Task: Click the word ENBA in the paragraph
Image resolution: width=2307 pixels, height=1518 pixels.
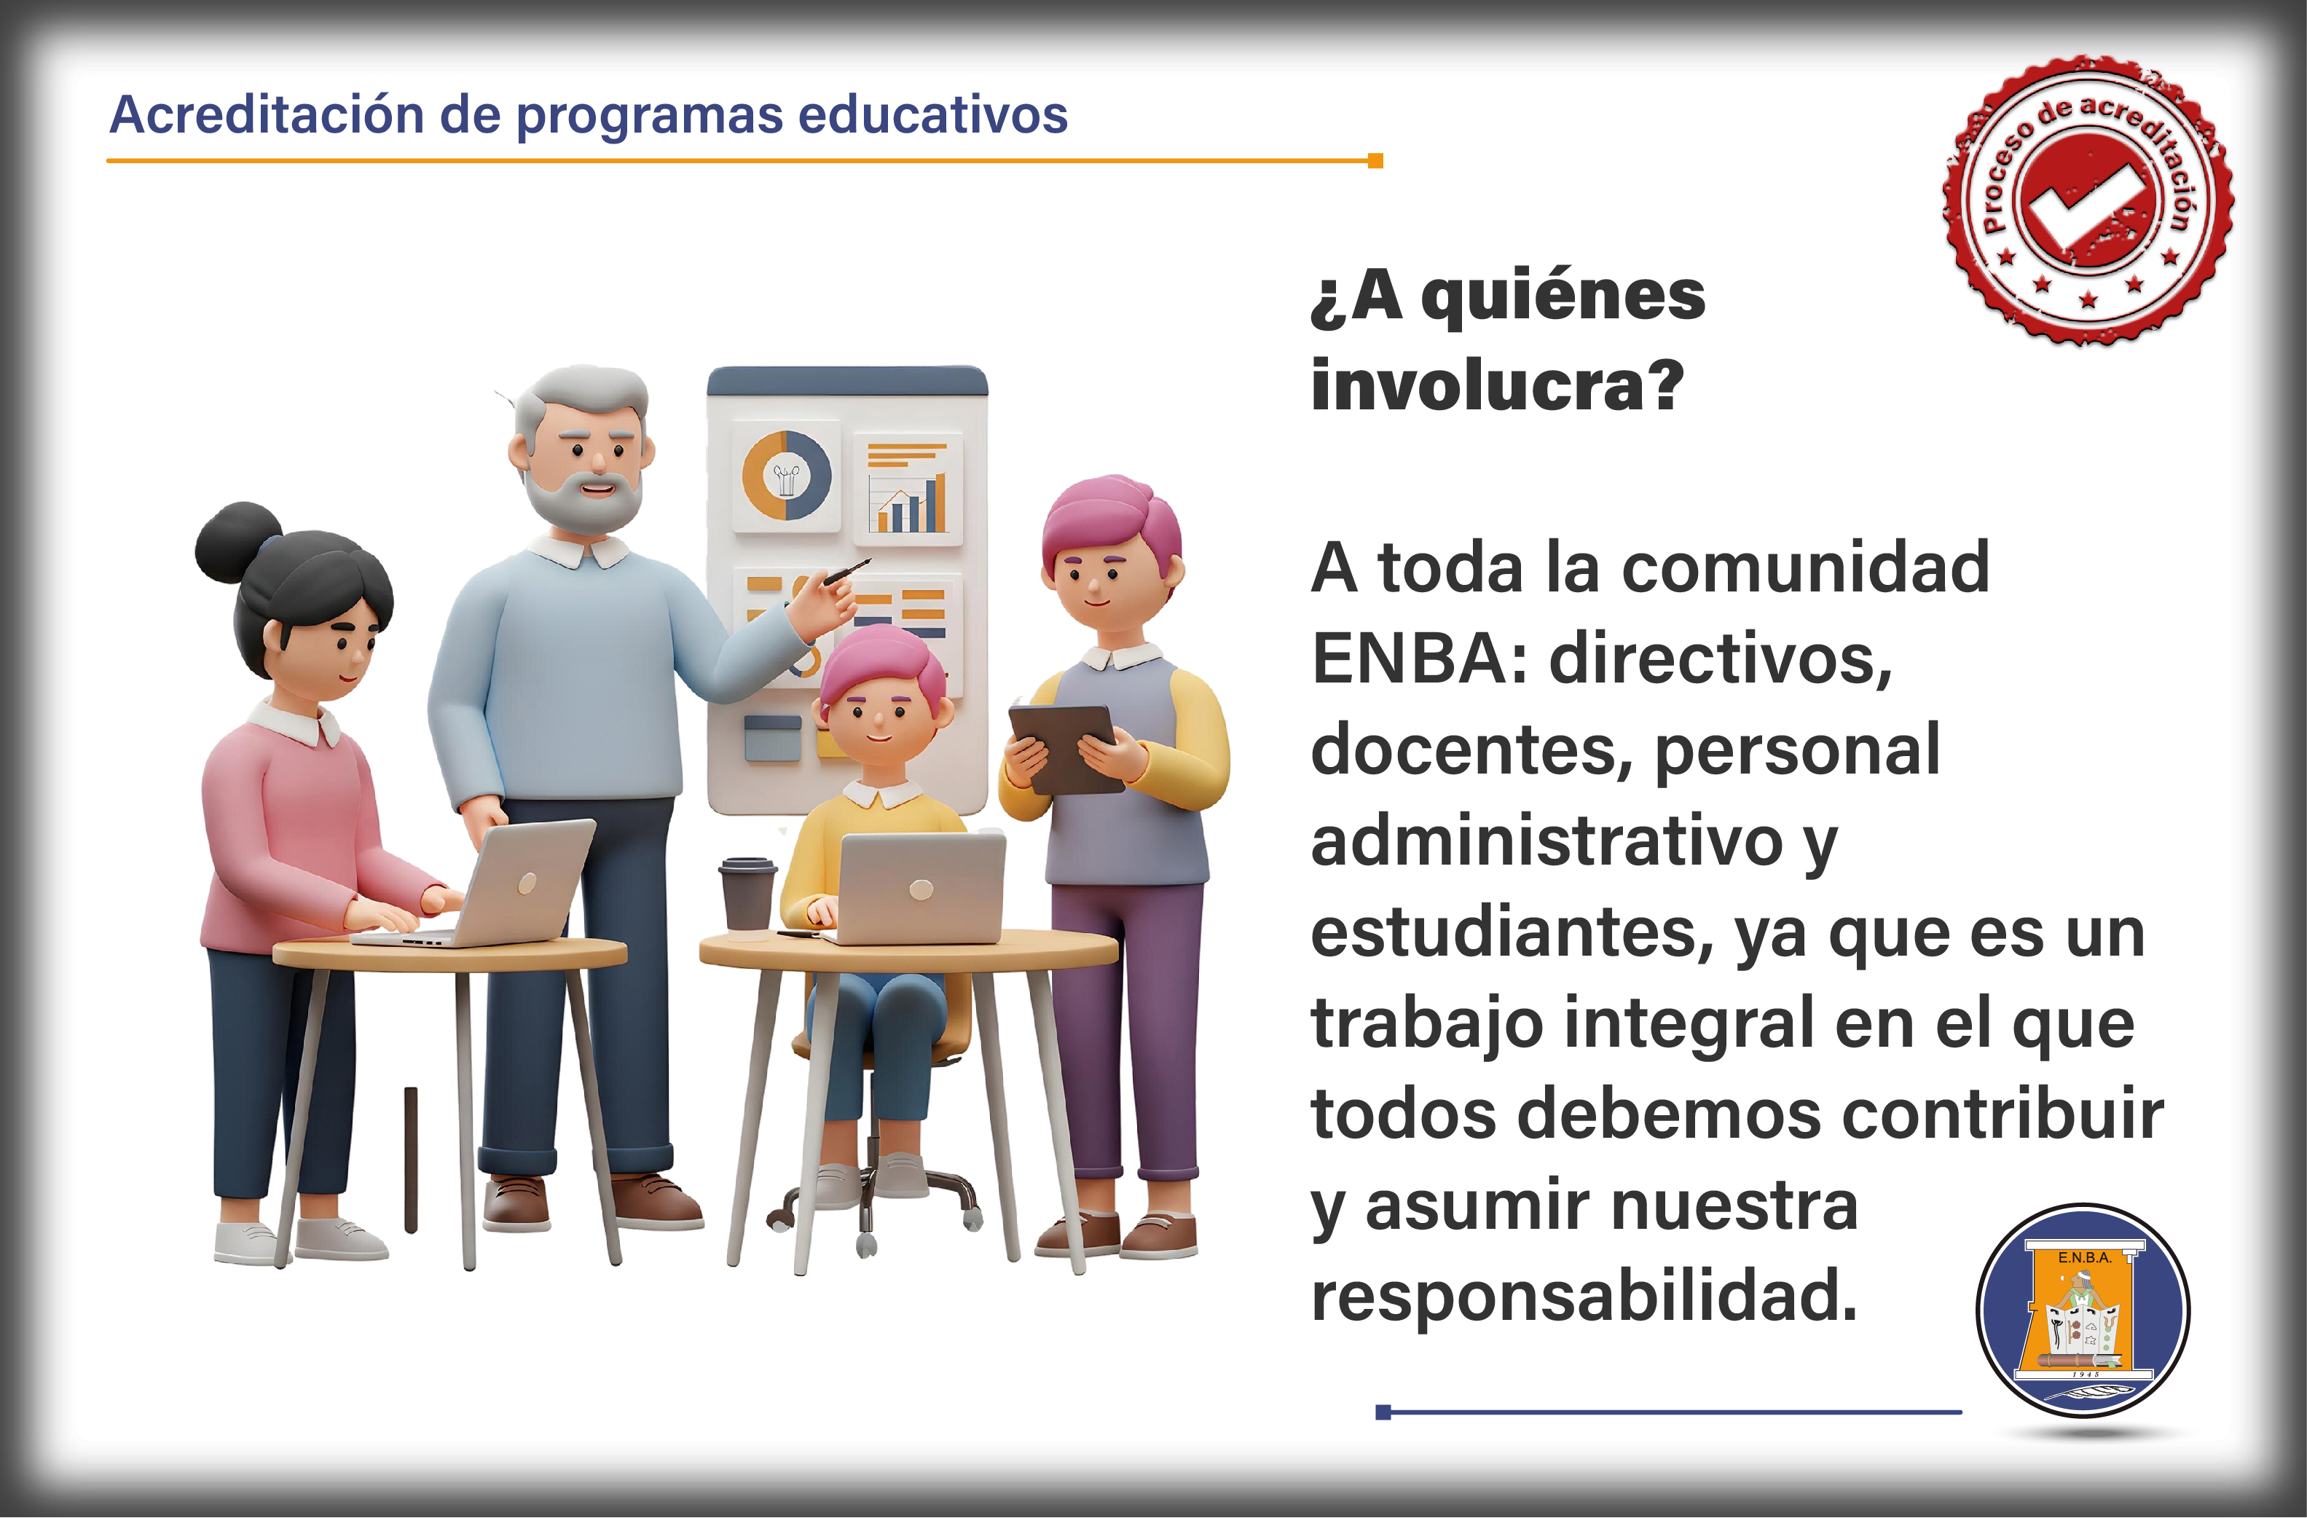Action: tap(1407, 659)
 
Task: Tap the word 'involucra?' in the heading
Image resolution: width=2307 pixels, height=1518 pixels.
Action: tap(1498, 385)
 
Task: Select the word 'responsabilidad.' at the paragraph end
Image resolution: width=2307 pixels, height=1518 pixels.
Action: tap(1583, 1296)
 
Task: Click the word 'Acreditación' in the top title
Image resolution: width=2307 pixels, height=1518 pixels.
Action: tap(267, 114)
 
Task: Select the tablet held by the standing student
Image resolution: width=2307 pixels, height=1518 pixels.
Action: tap(1065, 748)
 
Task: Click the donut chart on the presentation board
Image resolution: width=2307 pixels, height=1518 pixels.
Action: tap(786, 476)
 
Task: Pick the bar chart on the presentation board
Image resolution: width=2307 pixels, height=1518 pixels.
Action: tap(908, 489)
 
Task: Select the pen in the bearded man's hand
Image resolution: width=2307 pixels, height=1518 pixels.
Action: tap(846, 571)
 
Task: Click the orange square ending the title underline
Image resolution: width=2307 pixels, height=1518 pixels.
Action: tap(1375, 161)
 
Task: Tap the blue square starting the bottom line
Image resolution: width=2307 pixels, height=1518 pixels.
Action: tap(1383, 1412)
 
